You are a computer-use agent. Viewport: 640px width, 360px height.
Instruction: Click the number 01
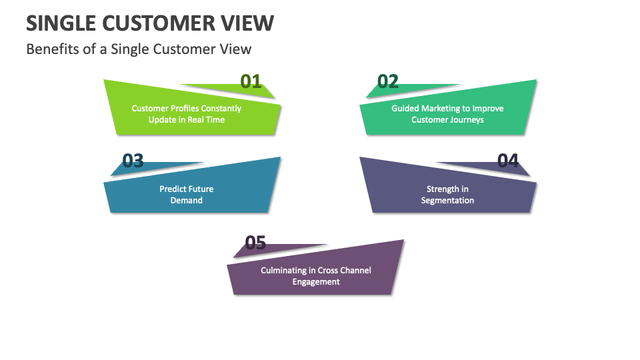point(251,81)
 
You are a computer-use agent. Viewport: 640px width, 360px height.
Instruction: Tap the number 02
point(388,81)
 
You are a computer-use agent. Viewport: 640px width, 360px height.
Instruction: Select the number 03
point(133,161)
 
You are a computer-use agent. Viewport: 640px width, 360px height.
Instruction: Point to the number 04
point(508,161)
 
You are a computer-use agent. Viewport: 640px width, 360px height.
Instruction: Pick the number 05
point(255,243)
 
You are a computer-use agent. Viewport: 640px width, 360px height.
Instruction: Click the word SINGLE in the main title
point(61,23)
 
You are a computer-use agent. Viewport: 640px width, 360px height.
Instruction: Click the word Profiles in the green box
point(179,108)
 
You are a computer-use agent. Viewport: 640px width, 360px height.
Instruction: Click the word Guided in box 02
point(405,108)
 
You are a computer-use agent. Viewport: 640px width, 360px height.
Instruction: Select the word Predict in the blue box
point(172,189)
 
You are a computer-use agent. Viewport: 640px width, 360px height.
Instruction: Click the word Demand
point(187,200)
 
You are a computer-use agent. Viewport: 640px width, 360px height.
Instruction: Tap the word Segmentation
point(447,200)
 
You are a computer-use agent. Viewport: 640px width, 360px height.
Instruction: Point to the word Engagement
point(316,282)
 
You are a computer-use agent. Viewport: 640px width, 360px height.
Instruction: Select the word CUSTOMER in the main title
point(159,23)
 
